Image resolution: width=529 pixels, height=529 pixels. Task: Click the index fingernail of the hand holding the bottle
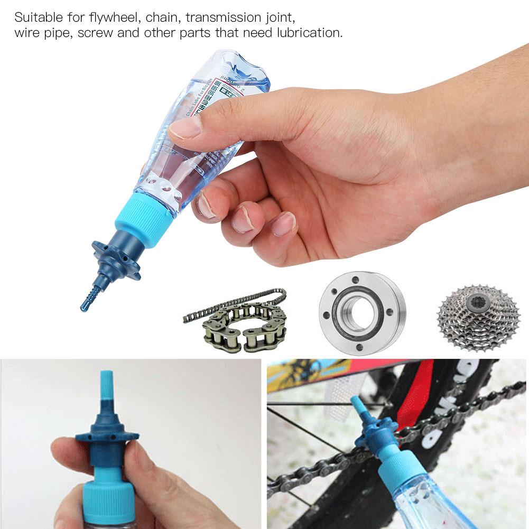185,127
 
